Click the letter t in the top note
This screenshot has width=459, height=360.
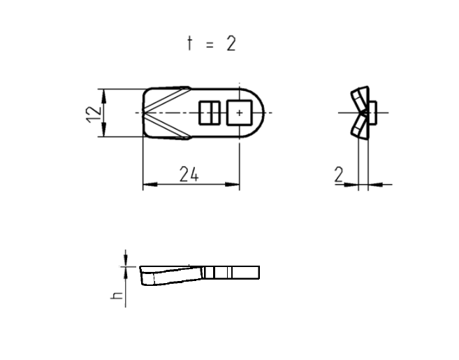(x=189, y=43)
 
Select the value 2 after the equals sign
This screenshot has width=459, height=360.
(x=231, y=43)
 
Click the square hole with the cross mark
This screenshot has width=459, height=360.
(x=240, y=112)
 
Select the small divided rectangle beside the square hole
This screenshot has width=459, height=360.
(x=210, y=112)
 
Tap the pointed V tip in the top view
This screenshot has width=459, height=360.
(x=146, y=112)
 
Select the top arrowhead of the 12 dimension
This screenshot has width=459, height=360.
(x=103, y=92)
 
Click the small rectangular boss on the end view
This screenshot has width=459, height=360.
(x=373, y=112)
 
